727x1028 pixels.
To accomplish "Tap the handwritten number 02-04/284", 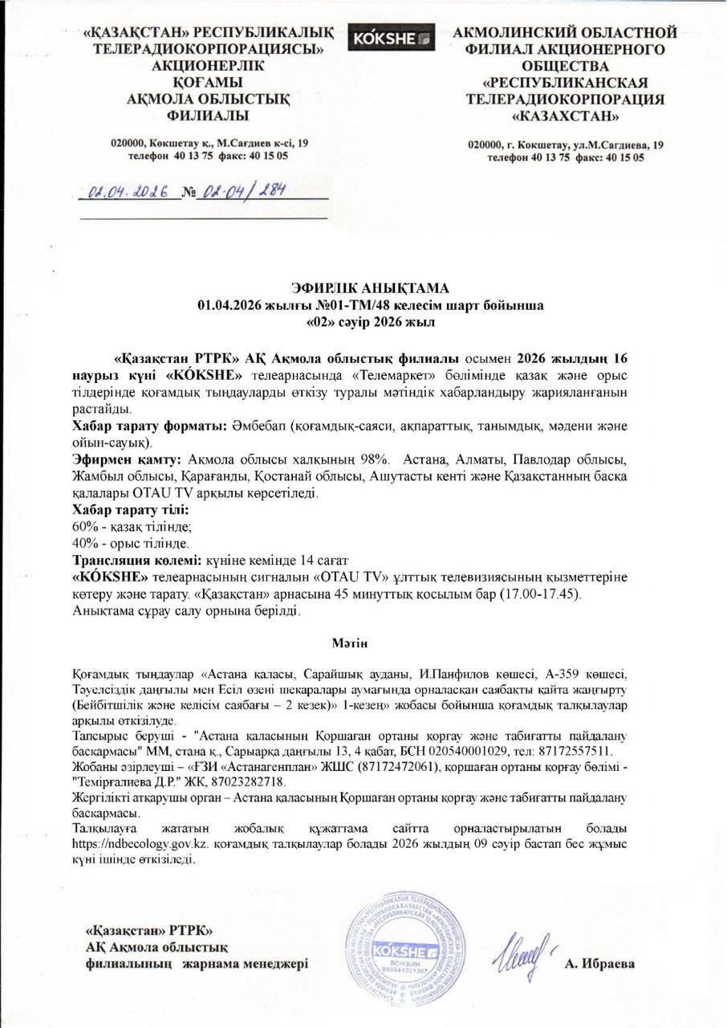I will point(241,192).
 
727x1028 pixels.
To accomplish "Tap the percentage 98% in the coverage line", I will point(373,459).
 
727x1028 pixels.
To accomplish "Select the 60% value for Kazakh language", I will point(83,527).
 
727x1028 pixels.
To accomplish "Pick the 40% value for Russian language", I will point(83,544).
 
